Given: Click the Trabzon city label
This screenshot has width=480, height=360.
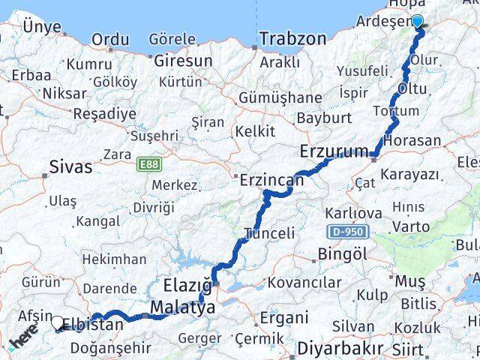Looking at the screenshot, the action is click(293, 38).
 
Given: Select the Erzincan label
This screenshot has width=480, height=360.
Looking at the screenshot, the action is click(271, 181).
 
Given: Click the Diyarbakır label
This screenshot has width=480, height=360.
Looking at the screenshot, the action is click(340, 349).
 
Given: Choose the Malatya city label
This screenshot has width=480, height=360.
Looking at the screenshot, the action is click(177, 307).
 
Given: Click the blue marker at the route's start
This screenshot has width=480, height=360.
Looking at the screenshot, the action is click(417, 22).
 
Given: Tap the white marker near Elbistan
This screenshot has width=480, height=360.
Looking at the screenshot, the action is click(58, 323).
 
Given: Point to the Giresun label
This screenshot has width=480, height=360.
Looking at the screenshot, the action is click(181, 60).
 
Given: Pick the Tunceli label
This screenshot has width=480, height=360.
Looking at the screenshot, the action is click(270, 233).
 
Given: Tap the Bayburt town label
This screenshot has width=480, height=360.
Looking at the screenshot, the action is click(324, 118).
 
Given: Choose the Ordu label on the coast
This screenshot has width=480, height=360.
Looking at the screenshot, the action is click(109, 39).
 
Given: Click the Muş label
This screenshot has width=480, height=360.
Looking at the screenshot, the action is click(410, 280).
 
